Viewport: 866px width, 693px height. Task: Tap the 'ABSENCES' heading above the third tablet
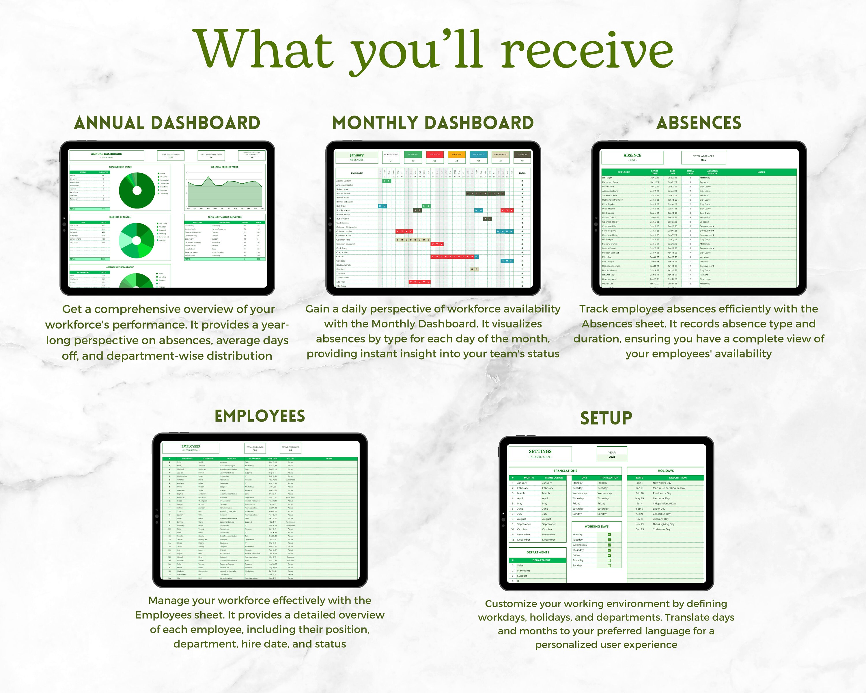(699, 123)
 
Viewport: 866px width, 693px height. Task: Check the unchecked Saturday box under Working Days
(609, 560)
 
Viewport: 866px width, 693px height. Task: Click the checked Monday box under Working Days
(609, 535)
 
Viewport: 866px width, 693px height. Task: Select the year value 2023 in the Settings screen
(612, 457)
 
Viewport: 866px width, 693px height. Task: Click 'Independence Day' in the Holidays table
(664, 503)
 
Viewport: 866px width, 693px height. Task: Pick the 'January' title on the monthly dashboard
(357, 155)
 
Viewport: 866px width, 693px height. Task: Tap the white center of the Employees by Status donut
(137, 190)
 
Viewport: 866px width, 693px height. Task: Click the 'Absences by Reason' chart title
(120, 217)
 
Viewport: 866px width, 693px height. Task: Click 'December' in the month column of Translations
(523, 540)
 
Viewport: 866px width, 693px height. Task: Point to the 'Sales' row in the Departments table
(520, 566)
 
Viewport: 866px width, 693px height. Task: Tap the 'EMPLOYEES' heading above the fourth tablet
(260, 416)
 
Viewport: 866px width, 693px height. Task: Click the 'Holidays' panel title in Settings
(666, 470)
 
